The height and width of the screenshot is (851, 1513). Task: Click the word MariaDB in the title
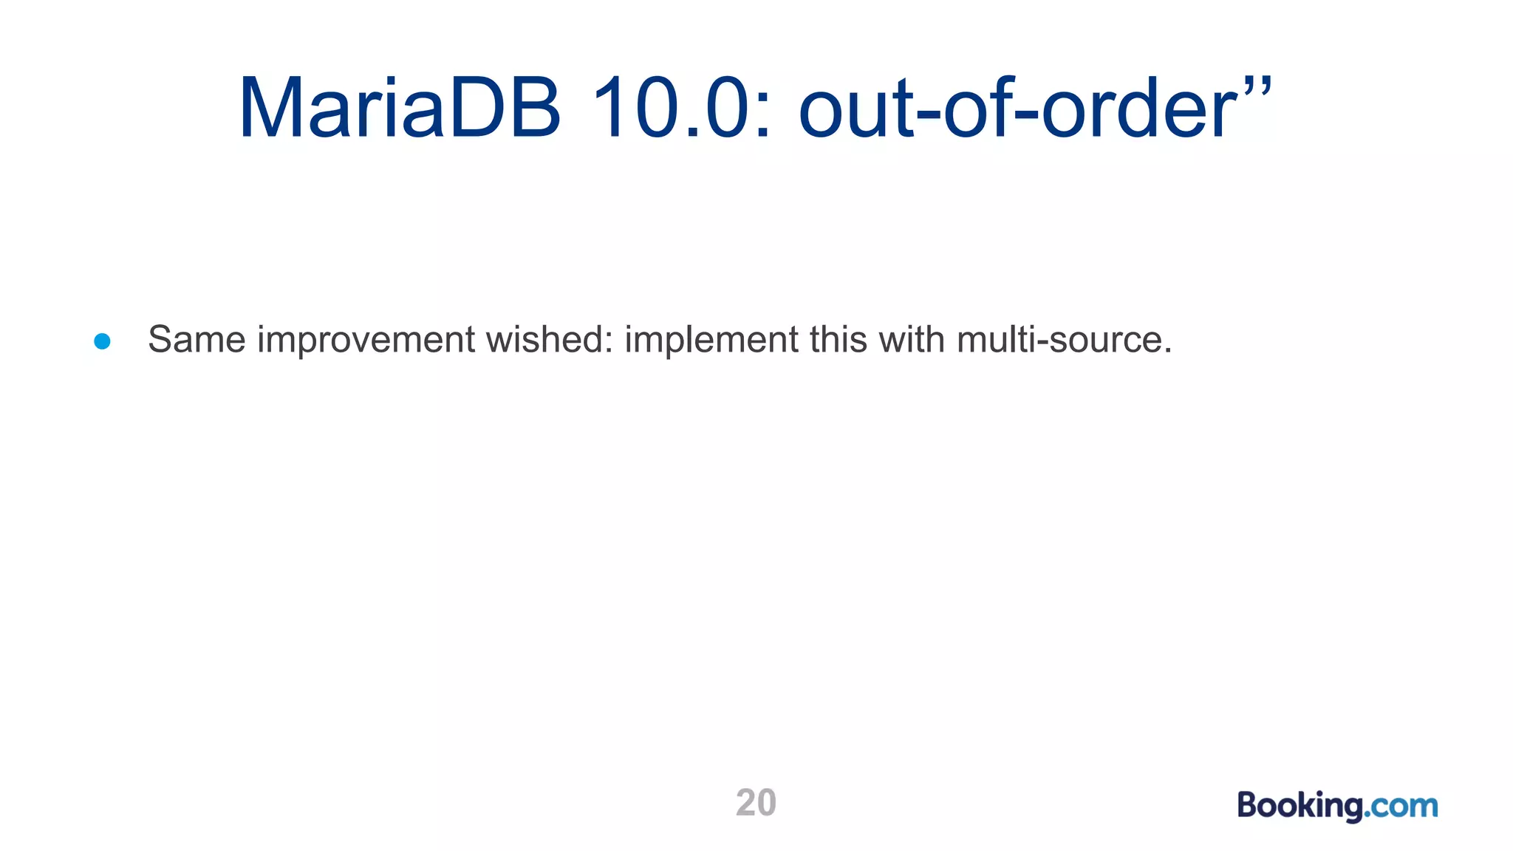click(x=400, y=108)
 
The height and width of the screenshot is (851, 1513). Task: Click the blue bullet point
click(x=103, y=341)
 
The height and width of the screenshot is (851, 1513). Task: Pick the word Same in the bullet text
click(x=197, y=340)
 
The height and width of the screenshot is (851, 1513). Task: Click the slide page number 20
click(x=756, y=803)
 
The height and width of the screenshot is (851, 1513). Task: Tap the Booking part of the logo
click(x=1299, y=806)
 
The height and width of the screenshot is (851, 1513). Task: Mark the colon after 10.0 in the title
click(x=763, y=118)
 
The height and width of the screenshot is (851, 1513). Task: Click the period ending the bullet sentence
click(x=1168, y=352)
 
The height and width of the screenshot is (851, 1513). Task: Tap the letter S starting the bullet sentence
click(x=160, y=340)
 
